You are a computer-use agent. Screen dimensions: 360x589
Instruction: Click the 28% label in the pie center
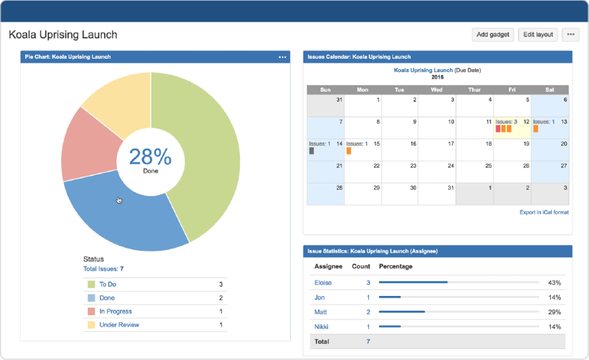click(150, 157)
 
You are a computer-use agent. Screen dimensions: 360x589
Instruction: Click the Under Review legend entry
click(119, 325)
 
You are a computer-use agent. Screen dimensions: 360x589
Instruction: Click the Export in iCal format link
click(543, 212)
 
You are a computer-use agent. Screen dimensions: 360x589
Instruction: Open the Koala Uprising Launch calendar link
click(423, 70)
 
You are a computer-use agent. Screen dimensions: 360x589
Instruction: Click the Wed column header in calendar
click(437, 90)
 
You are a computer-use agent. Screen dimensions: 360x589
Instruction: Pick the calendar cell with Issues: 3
click(511, 127)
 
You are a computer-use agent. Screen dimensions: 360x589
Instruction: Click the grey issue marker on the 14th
click(311, 151)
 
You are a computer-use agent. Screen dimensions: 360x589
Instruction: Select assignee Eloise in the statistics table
click(322, 282)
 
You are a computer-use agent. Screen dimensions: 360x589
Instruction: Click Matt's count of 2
click(368, 312)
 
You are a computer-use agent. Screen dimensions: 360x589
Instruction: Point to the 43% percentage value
click(555, 283)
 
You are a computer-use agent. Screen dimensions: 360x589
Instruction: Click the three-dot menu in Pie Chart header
click(282, 57)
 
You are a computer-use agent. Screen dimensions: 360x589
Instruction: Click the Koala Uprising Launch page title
click(63, 35)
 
